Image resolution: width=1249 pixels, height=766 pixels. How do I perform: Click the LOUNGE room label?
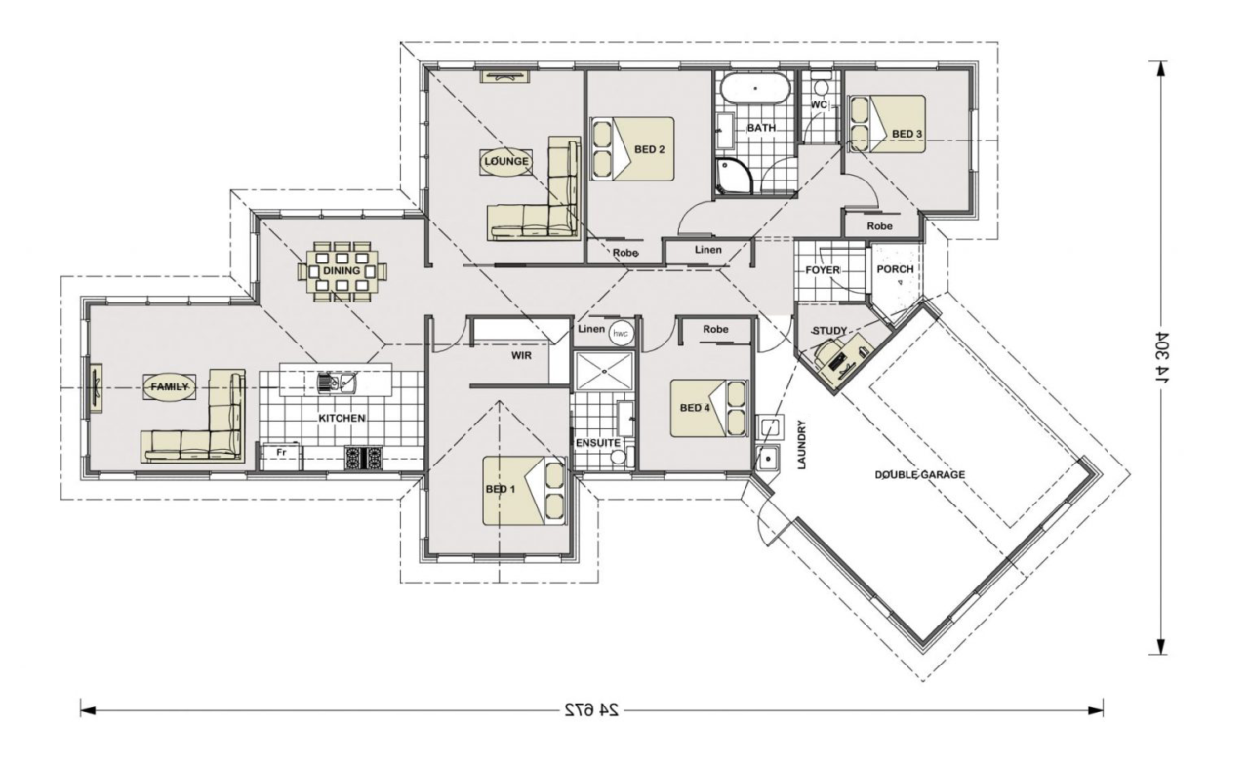(x=505, y=162)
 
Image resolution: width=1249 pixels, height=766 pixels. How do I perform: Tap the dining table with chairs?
(x=342, y=272)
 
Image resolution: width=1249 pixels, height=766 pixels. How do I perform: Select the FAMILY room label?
(x=170, y=386)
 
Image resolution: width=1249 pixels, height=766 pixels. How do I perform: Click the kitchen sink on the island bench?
(x=337, y=382)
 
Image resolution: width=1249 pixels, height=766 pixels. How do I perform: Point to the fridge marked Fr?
(x=281, y=457)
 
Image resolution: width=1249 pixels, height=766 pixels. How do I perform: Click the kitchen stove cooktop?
(x=364, y=459)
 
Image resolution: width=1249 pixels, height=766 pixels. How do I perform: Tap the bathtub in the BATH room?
(x=755, y=89)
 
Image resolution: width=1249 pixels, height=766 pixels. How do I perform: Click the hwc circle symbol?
(x=620, y=334)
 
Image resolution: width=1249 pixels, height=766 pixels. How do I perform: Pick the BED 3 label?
(x=907, y=134)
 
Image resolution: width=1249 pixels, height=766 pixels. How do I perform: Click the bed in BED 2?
(x=633, y=149)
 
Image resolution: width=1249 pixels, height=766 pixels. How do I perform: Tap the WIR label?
(x=521, y=356)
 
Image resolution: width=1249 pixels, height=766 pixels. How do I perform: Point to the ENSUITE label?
(x=598, y=443)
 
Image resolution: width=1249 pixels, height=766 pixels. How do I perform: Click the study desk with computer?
(x=842, y=359)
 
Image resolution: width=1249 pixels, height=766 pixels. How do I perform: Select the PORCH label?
(x=895, y=269)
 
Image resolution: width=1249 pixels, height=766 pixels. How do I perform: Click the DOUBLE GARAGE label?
(x=919, y=475)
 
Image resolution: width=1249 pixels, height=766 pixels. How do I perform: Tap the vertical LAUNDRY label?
(x=802, y=445)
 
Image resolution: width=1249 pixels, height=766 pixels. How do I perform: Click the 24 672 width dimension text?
(x=591, y=710)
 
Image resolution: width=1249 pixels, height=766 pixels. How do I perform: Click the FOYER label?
(x=823, y=270)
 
